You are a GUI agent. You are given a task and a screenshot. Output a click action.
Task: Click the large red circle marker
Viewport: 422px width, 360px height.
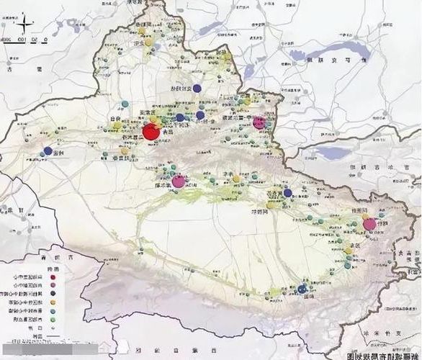click(151, 132)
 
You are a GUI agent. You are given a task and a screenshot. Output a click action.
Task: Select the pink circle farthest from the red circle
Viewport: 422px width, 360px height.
click(370, 225)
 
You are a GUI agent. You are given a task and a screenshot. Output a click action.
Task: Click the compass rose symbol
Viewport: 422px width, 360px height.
click(9, 29)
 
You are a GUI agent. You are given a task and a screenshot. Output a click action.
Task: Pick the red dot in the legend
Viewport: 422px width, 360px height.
click(53, 276)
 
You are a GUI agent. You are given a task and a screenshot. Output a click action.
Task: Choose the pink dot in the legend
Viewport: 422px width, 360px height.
click(53, 285)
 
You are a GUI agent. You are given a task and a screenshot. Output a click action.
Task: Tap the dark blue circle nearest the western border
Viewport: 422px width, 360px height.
click(48, 151)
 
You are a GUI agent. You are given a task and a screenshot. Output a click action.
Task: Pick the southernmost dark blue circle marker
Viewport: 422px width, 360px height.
click(302, 289)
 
